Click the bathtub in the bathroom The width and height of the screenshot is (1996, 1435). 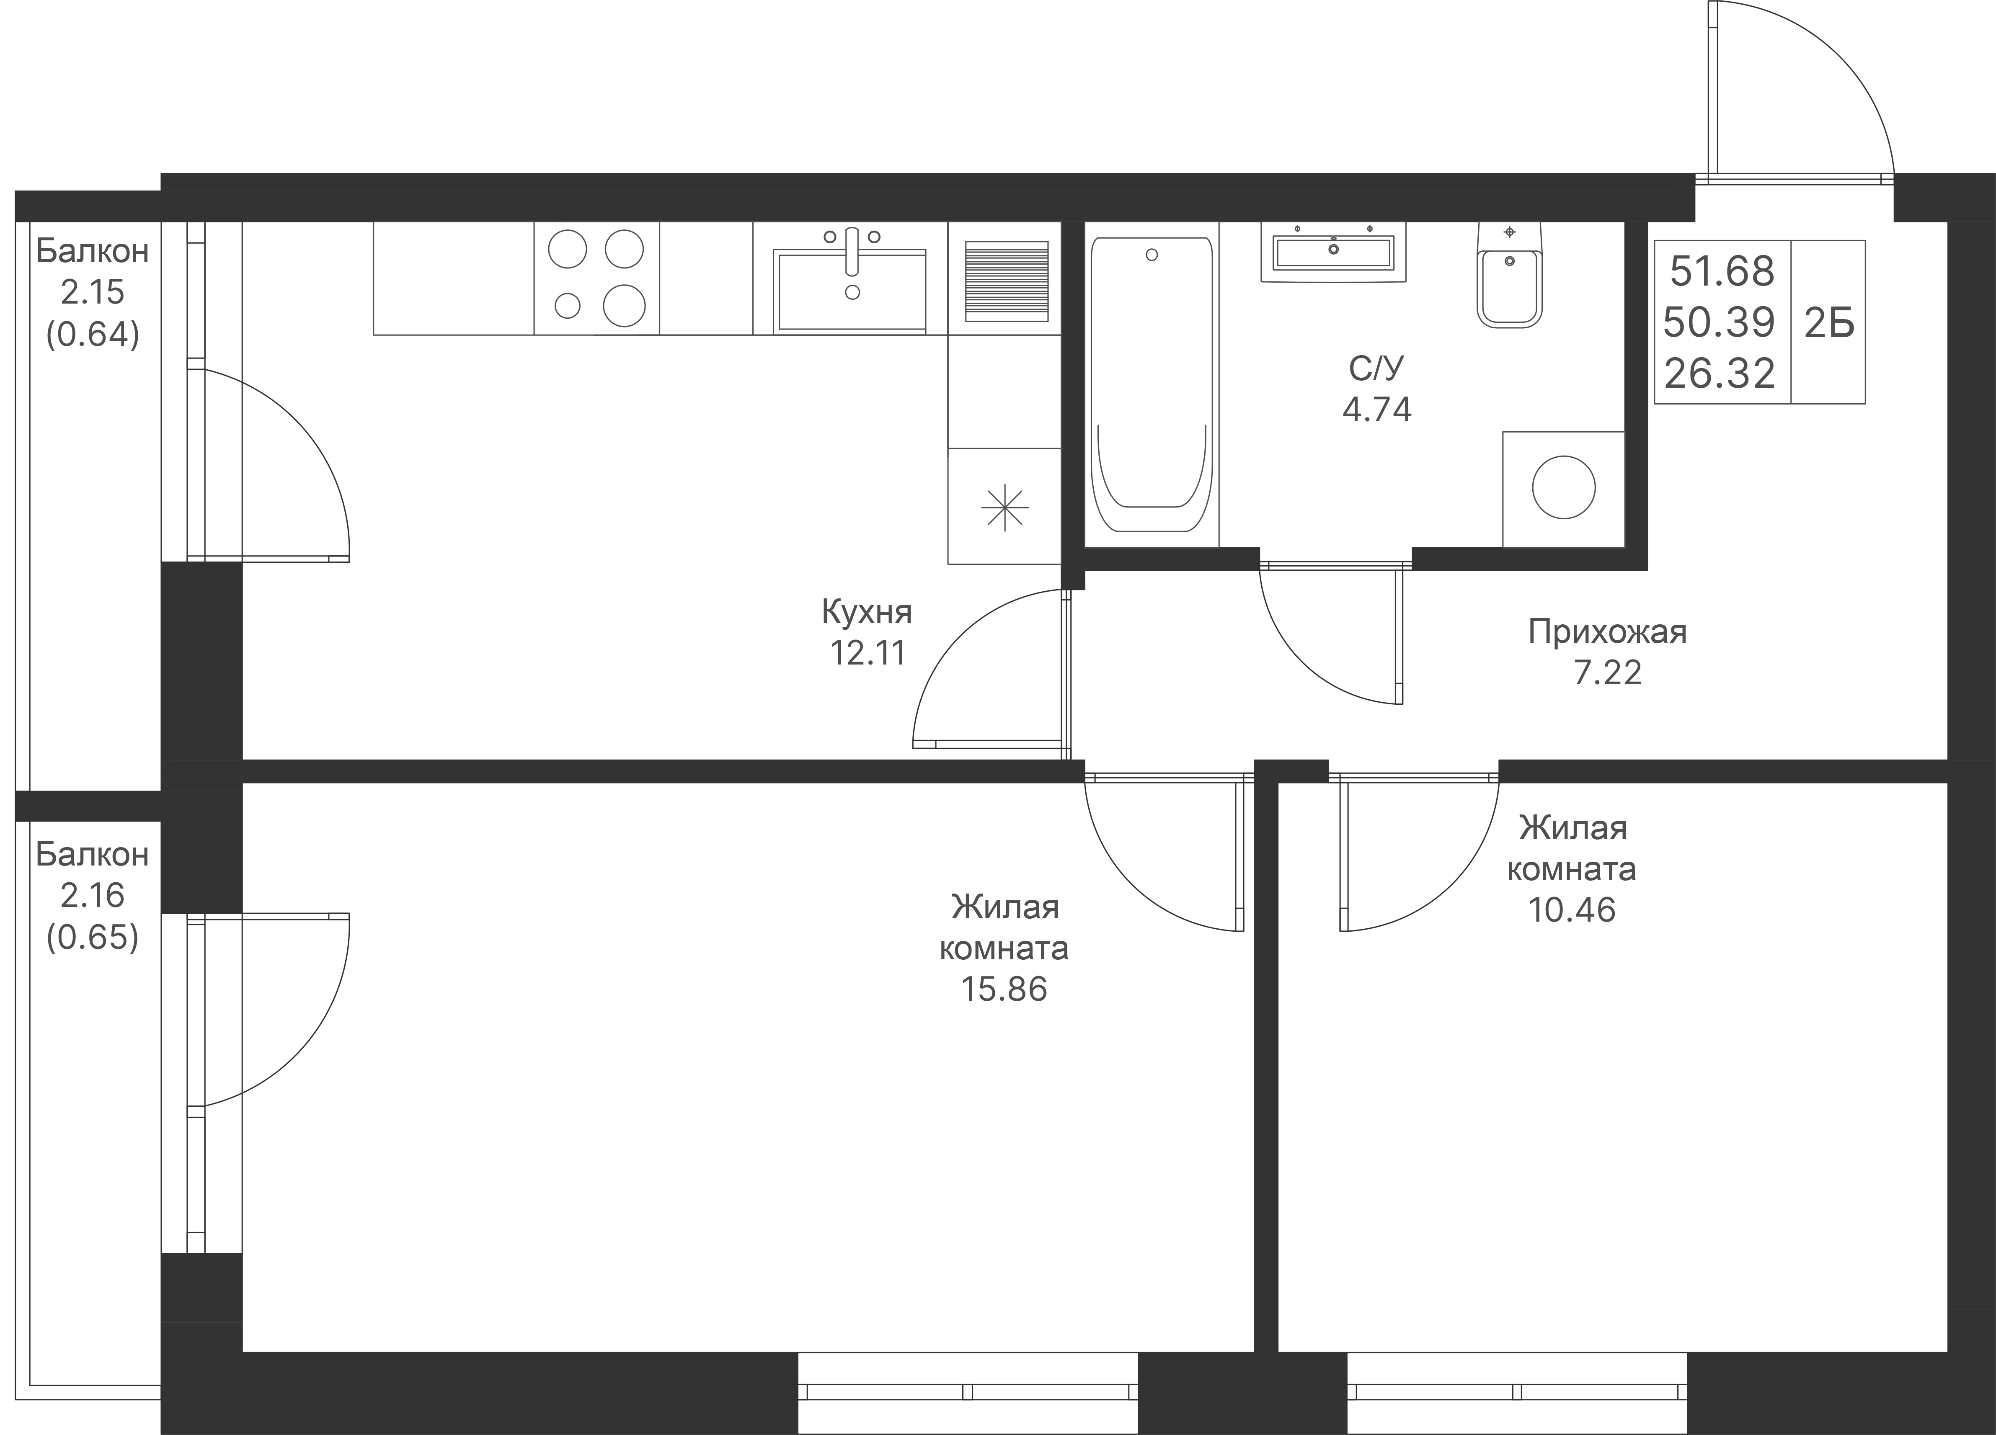(x=1151, y=384)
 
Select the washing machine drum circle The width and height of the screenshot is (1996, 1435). (x=1563, y=487)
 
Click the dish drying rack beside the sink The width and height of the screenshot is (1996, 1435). (x=1006, y=280)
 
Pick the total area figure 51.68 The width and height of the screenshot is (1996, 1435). (x=1721, y=272)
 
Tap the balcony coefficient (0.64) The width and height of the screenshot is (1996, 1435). (x=93, y=334)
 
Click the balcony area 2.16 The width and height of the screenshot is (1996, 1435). (x=93, y=896)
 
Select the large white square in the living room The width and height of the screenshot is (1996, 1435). (x=643, y=1075)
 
